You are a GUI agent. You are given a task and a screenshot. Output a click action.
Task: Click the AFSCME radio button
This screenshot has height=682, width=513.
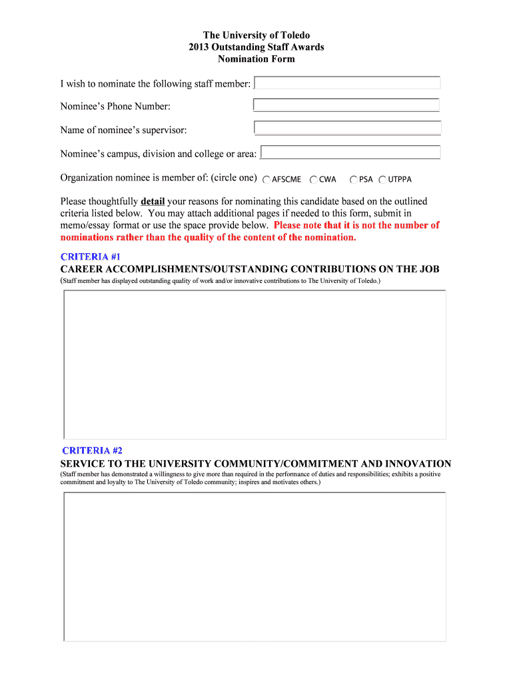coord(266,180)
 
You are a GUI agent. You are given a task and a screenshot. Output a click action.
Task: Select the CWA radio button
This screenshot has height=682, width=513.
coord(313,180)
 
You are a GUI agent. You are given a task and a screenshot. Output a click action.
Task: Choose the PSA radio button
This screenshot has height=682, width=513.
coord(354,180)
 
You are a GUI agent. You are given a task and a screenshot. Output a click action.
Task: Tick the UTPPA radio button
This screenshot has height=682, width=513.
coord(382,180)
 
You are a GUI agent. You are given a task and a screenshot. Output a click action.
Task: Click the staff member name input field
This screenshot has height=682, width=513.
coord(348,83)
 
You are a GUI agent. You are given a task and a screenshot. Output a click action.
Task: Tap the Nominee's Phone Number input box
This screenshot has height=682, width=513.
coord(346,105)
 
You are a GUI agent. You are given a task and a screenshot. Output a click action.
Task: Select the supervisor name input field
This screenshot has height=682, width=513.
coord(347,128)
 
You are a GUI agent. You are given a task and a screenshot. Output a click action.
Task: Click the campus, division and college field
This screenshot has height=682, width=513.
coord(350,153)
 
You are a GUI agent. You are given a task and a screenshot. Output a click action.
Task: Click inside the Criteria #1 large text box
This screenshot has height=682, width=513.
coord(255,365)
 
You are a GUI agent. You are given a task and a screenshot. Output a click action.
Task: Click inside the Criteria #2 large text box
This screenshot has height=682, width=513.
coord(255,566)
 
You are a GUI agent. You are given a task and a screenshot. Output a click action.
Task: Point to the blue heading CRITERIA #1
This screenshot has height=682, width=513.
coord(91,256)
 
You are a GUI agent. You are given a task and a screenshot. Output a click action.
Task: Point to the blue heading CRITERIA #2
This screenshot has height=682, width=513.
coord(92,451)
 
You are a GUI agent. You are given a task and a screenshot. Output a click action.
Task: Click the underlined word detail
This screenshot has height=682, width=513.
coord(153,201)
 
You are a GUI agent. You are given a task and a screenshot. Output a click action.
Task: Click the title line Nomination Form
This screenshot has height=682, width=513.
coord(256,59)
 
